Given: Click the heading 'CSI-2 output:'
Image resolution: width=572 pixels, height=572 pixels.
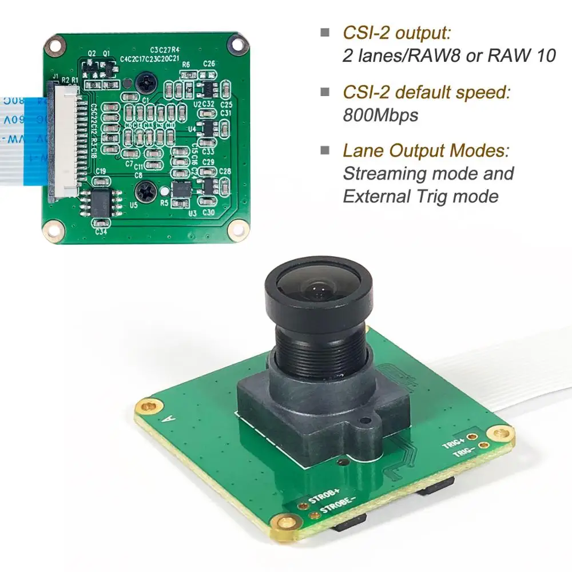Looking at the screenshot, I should [x=396, y=32].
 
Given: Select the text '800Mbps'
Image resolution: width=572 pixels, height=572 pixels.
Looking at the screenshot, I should [x=380, y=115].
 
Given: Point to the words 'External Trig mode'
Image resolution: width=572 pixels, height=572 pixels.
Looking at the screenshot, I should [x=420, y=196].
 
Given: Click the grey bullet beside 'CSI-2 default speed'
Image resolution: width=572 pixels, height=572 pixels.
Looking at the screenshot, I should [x=325, y=92].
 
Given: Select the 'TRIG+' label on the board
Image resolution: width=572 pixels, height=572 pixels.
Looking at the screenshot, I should [x=454, y=443].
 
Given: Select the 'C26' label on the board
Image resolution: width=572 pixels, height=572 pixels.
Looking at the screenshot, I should [x=209, y=64].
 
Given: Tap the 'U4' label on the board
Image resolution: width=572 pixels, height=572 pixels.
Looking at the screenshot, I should [x=192, y=129].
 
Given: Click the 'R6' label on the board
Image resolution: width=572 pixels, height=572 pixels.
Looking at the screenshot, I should [x=186, y=65].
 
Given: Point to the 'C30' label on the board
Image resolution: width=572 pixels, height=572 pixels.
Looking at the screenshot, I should [x=208, y=213].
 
